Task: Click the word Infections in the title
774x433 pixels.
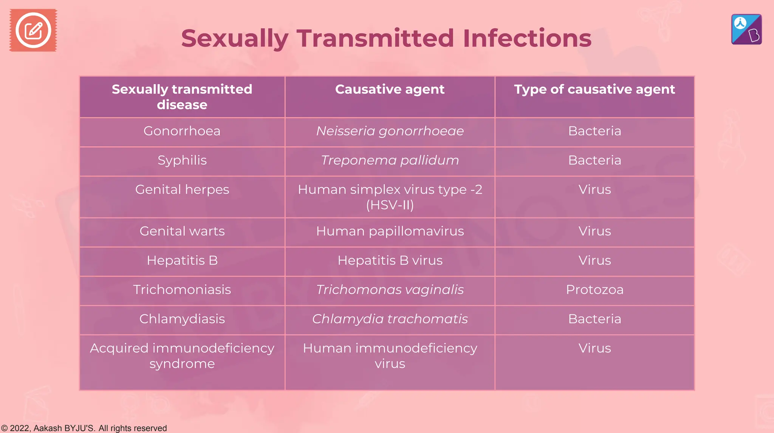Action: pyautogui.click(x=527, y=39)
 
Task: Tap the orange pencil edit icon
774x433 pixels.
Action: pyautogui.click(x=33, y=30)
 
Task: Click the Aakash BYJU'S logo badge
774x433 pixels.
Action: pyautogui.click(x=746, y=29)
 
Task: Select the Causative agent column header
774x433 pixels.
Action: pyautogui.click(x=390, y=89)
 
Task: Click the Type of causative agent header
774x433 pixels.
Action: pyautogui.click(x=594, y=89)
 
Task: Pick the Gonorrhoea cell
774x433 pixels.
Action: pyautogui.click(x=182, y=131)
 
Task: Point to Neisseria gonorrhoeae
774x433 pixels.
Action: pyautogui.click(x=390, y=131)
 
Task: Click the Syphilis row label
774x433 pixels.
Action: pyautogui.click(x=182, y=160)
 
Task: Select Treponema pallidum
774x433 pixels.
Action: pyautogui.click(x=390, y=160)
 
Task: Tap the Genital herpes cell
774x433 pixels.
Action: pyautogui.click(x=182, y=190)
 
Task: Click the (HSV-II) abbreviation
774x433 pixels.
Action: pyautogui.click(x=390, y=205)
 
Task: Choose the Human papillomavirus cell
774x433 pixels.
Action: pyautogui.click(x=390, y=231)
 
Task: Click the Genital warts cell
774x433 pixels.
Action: pyautogui.click(x=182, y=231)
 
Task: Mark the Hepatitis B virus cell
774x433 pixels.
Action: pyautogui.click(x=390, y=260)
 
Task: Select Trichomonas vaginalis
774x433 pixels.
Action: pyautogui.click(x=390, y=290)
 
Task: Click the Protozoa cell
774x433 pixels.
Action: pyautogui.click(x=594, y=290)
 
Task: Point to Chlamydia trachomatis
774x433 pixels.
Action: pyautogui.click(x=390, y=319)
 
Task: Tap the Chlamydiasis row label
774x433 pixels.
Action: pyautogui.click(x=182, y=319)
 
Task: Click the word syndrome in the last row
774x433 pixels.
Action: pyautogui.click(x=182, y=364)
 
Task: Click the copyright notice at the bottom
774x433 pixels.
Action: pyautogui.click(x=84, y=428)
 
